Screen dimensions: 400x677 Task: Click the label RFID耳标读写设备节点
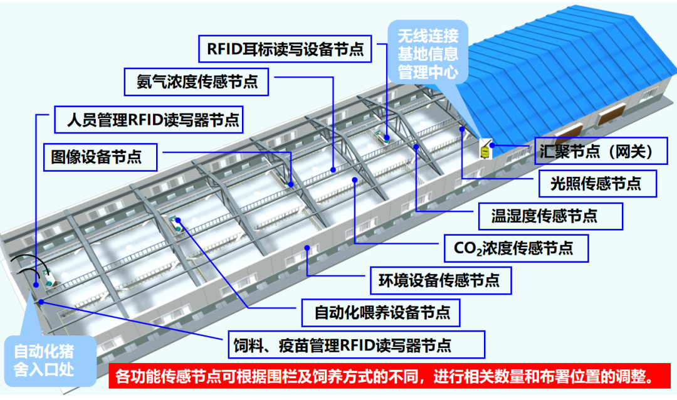[285, 49]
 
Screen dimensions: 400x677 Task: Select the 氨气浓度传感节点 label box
[197, 82]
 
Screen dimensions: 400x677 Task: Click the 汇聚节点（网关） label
[600, 150]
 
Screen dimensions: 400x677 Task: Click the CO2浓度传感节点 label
[517, 248]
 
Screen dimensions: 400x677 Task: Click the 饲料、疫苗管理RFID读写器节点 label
[355, 345]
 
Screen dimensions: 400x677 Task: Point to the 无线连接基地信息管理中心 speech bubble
[428, 53]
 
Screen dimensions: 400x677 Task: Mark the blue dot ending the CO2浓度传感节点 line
[355, 180]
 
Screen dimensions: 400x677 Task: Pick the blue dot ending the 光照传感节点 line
[461, 129]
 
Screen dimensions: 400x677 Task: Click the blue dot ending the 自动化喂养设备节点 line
[179, 220]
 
